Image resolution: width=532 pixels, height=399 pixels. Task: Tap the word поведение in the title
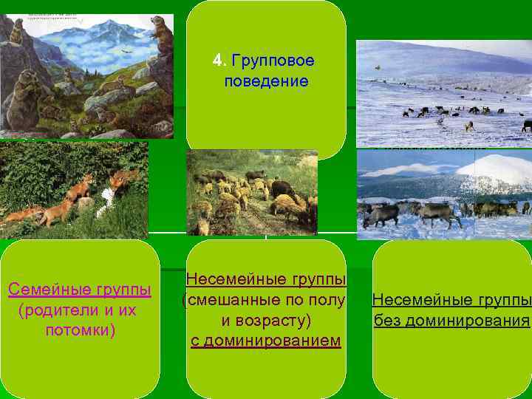pos(266,81)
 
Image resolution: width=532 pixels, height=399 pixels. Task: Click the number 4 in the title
pos(216,59)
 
